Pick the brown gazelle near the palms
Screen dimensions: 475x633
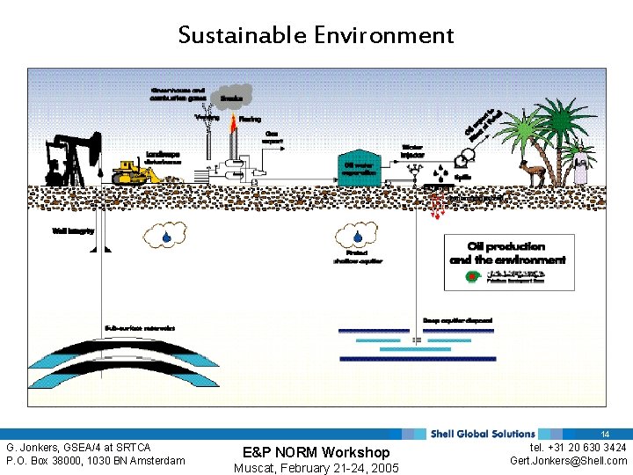pyautogui.click(x=532, y=171)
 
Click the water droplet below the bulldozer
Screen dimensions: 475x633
pyautogui.click(x=166, y=236)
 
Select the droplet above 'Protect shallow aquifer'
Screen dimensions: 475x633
pyautogui.click(x=356, y=236)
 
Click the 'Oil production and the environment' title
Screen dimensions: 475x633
pyautogui.click(x=507, y=253)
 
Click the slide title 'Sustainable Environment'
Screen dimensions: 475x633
pyautogui.click(x=316, y=35)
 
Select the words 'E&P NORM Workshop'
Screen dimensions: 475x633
pyautogui.click(x=316, y=452)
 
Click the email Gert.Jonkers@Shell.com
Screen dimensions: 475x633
pyautogui.click(x=569, y=461)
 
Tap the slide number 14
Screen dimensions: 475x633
pyautogui.click(x=605, y=435)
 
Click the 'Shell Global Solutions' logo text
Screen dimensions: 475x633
pyautogui.click(x=482, y=434)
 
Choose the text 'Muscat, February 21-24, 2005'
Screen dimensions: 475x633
pyautogui.click(x=316, y=468)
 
